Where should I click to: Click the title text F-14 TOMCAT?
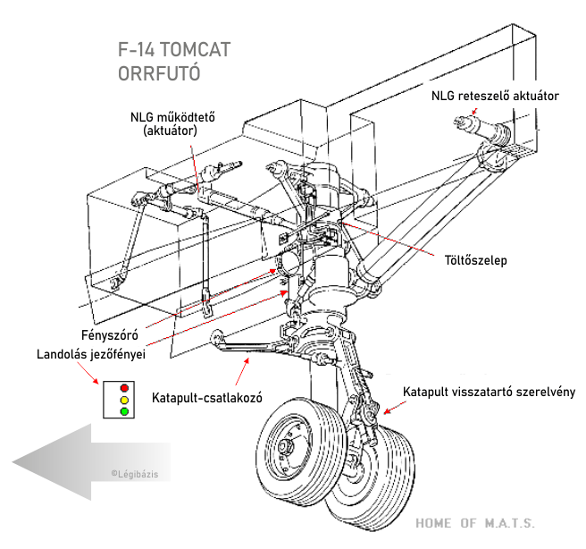tap(174, 50)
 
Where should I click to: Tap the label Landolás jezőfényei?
tap(91, 354)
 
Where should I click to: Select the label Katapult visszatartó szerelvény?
tap(489, 392)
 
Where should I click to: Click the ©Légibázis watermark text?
tap(134, 474)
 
